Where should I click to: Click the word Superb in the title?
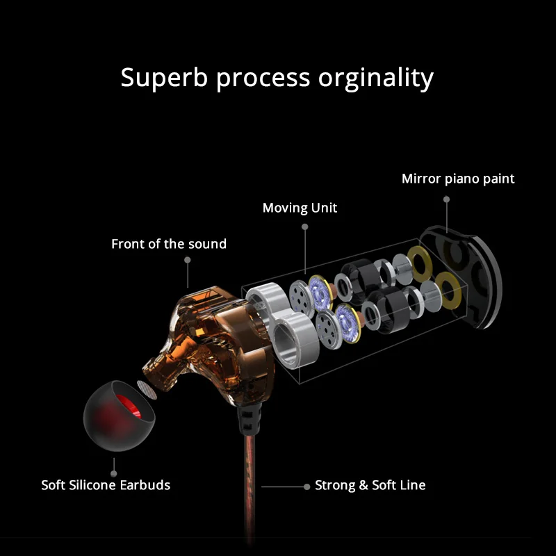coord(164,79)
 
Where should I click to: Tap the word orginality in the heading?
coord(376,79)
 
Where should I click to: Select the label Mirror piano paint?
coord(458,179)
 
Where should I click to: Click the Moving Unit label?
coord(300,208)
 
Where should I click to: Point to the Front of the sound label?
coord(169,244)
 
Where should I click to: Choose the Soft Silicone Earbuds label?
coord(106,485)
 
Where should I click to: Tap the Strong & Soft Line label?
coord(370,485)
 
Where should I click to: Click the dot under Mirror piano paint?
coord(446,199)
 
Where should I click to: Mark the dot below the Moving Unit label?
coord(304,227)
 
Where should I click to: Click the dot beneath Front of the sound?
coord(187,260)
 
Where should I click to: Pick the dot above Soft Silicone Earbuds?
coord(113,474)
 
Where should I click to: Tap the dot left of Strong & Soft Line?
coord(306,487)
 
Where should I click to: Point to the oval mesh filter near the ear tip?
coord(147,390)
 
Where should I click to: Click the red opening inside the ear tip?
coord(129,406)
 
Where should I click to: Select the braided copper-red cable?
coord(250,489)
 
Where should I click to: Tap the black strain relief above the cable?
coord(249,420)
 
